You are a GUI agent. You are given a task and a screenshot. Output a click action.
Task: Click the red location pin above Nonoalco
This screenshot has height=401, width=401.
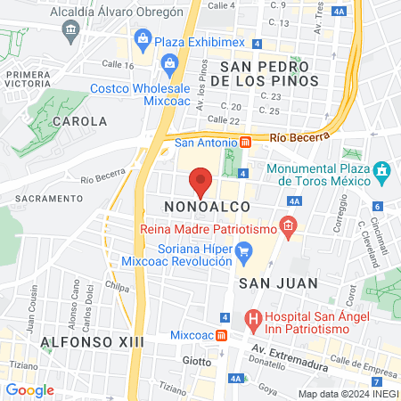coord(201,183)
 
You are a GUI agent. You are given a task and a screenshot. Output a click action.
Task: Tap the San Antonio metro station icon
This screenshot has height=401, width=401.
coord(245,143)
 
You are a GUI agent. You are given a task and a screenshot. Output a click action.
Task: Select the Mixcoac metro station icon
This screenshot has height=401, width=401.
coord(222,335)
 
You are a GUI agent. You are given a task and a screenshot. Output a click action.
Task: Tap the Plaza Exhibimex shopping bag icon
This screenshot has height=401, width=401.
coord(143,37)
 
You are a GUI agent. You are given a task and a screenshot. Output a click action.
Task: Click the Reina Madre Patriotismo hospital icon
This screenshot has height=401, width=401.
coord(288,227)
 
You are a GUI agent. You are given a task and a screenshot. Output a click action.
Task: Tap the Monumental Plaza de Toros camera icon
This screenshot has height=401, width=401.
coord(382,169)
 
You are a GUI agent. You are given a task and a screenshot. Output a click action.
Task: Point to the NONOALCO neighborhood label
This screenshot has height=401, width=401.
coord(201,207)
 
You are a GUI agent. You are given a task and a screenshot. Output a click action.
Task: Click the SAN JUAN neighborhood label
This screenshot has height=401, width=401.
coord(269,282)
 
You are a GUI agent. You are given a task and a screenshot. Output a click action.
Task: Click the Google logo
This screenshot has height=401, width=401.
coord(30,389)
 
